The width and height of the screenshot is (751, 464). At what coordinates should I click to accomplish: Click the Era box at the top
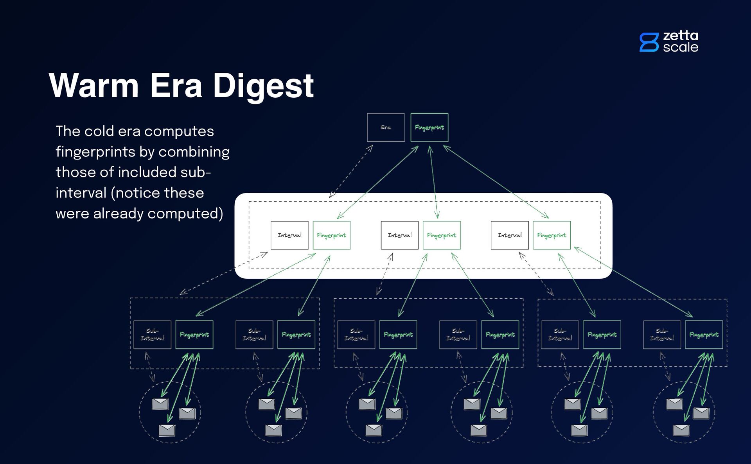[x=386, y=127]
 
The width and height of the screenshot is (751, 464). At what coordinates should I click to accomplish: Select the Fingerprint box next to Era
[x=429, y=127]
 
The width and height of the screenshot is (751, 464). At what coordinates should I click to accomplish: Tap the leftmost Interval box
[x=289, y=235]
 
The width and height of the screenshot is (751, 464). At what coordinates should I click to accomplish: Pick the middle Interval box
[x=399, y=235]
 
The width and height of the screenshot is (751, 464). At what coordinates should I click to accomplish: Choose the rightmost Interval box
[x=510, y=235]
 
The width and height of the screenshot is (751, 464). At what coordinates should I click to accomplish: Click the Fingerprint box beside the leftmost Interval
[x=331, y=235]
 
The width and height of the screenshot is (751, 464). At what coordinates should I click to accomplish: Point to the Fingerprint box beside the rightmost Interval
[x=552, y=235]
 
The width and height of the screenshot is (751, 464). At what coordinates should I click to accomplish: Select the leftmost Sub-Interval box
[x=152, y=335]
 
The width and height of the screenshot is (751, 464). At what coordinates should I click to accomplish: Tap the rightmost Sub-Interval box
[x=662, y=335]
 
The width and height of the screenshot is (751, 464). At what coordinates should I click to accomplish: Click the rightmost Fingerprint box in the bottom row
[x=704, y=335]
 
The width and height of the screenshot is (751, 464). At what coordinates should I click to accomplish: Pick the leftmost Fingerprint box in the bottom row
[x=194, y=335]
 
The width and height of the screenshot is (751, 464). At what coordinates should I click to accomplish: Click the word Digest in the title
[x=263, y=86]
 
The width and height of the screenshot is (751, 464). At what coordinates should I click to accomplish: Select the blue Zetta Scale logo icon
[x=649, y=42]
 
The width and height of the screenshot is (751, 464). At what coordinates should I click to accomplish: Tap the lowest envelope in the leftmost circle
[x=167, y=430]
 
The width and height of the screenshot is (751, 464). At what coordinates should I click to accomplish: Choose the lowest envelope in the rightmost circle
[x=681, y=430]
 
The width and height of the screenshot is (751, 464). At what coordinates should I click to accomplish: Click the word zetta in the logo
[x=681, y=36]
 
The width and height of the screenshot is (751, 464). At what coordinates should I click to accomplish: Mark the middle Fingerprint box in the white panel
[x=442, y=235]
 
